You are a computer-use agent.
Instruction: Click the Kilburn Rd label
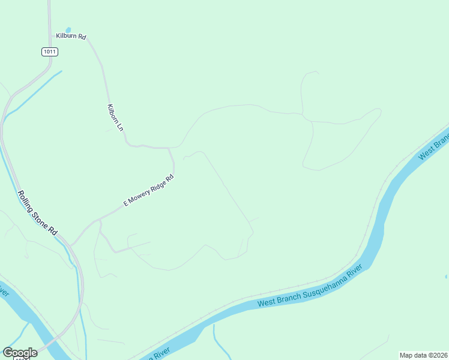pyautogui.click(x=71, y=37)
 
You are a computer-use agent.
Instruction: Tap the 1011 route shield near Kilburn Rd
pyautogui.click(x=50, y=52)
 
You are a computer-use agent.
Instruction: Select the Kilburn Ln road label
pyautogui.click(x=115, y=118)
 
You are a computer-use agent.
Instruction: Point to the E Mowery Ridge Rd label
pyautogui.click(x=149, y=190)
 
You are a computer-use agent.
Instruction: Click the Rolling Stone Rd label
pyautogui.click(x=37, y=213)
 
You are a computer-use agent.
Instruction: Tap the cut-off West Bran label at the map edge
pyautogui.click(x=433, y=148)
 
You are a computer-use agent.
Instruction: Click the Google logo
pyautogui.click(x=20, y=353)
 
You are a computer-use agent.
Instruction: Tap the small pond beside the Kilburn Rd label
pyautogui.click(x=68, y=29)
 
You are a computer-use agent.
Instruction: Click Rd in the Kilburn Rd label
pyautogui.click(x=82, y=37)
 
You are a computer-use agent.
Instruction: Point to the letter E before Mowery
pyautogui.click(x=125, y=203)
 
